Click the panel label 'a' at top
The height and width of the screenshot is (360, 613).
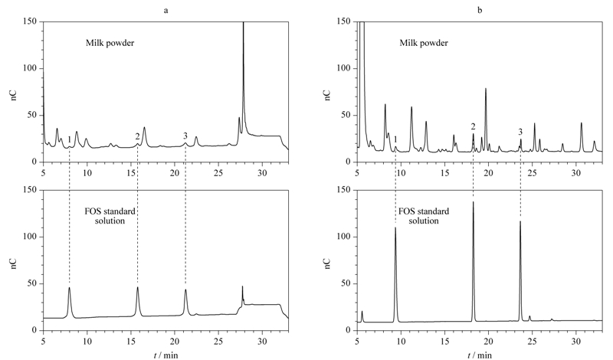[166, 11]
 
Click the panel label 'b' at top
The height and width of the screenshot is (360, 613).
[480, 10]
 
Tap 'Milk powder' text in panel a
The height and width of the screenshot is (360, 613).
[110, 43]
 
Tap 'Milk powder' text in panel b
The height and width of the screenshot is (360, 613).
[424, 43]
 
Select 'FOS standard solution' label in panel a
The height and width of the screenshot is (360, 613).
[110, 216]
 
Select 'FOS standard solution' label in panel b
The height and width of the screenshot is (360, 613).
[424, 216]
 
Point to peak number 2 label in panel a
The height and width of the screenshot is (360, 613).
[137, 136]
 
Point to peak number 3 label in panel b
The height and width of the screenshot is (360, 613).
[520, 132]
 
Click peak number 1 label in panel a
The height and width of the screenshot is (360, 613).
[69, 139]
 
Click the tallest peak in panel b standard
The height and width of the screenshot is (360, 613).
[473, 201]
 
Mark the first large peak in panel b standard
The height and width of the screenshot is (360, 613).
[395, 227]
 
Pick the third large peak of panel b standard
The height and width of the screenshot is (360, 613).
[520, 221]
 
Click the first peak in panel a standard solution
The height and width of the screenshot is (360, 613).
[70, 288]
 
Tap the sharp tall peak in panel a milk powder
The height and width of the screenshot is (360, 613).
[243, 24]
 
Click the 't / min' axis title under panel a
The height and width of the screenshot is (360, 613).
[166, 355]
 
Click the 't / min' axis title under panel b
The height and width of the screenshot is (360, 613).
[480, 355]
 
